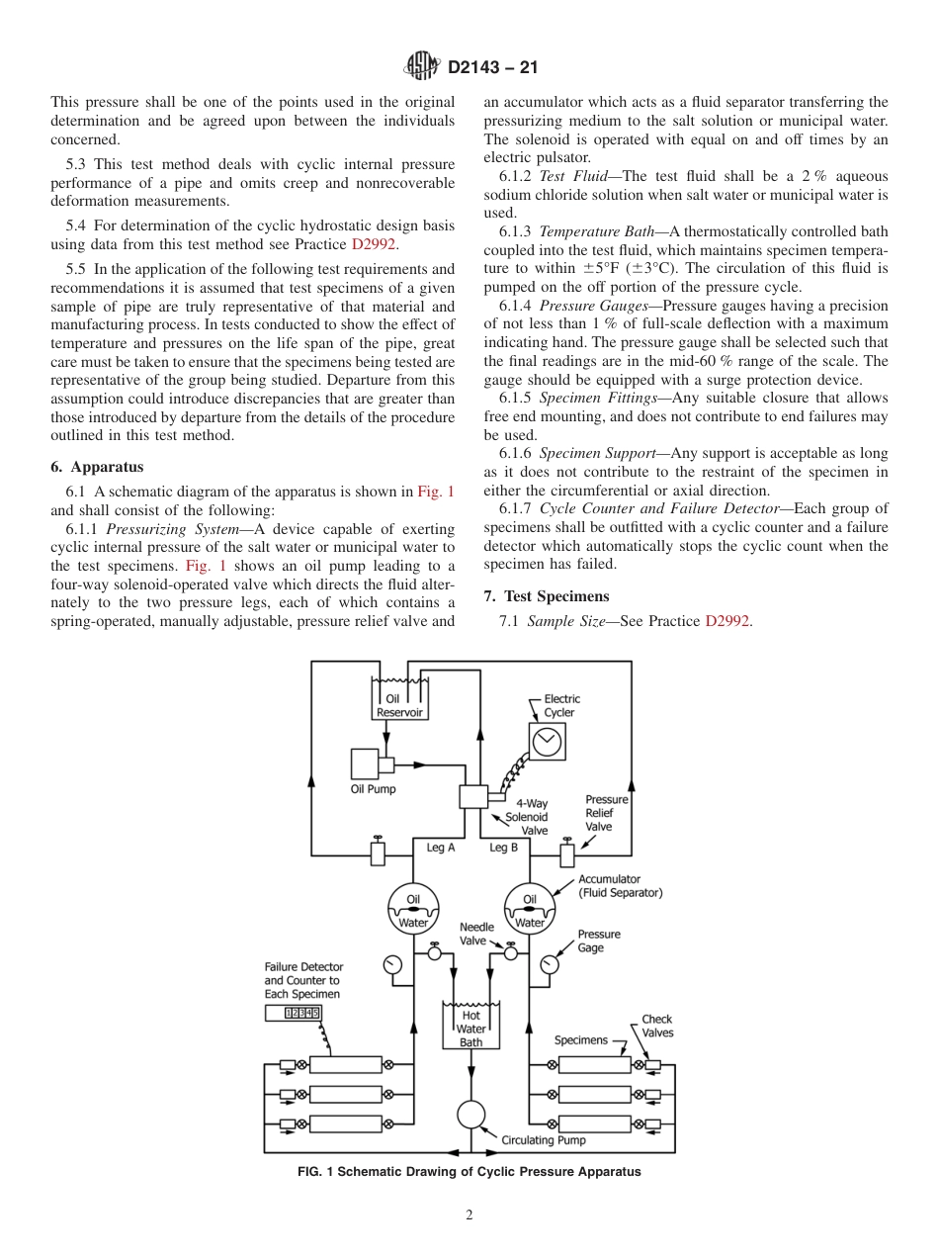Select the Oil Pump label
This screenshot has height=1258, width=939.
pyautogui.click(x=373, y=789)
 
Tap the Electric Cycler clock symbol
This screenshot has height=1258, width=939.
pyautogui.click(x=546, y=741)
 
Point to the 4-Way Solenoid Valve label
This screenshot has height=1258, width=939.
pyautogui.click(x=528, y=818)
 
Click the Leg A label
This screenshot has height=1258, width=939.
pyautogui.click(x=440, y=848)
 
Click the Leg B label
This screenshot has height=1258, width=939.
pyautogui.click(x=503, y=848)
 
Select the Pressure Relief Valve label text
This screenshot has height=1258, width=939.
pyautogui.click(x=606, y=813)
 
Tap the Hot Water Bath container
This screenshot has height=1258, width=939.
pyautogui.click(x=470, y=1026)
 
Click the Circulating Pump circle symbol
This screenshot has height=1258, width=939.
pyautogui.click(x=471, y=1114)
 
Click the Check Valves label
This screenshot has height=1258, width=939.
pyautogui.click(x=656, y=1026)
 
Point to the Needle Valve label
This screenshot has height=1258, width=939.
pyautogui.click(x=476, y=934)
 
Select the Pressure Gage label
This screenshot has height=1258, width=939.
pyautogui.click(x=599, y=941)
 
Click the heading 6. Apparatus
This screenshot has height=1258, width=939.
pyautogui.click(x=97, y=467)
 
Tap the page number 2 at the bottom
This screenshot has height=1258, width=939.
pyautogui.click(x=469, y=1215)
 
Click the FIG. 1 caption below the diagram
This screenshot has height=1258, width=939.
pyautogui.click(x=469, y=1172)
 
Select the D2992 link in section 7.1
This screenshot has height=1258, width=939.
pyautogui.click(x=727, y=622)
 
